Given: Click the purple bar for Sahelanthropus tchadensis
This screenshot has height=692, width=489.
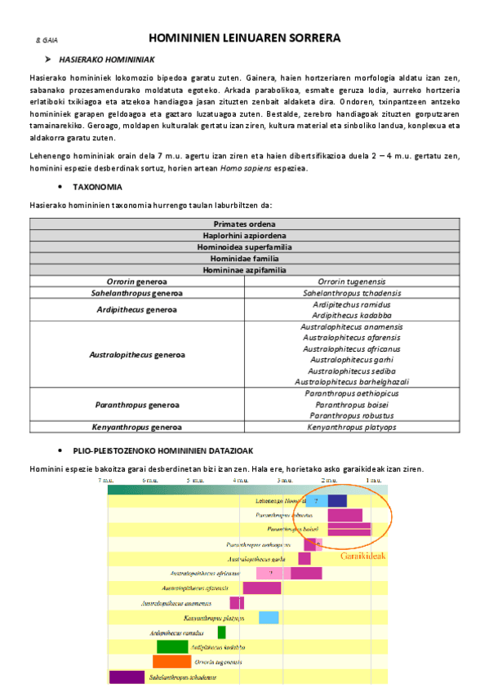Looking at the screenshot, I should coord(127,676).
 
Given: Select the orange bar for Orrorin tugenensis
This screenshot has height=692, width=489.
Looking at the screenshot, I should coord(171,662).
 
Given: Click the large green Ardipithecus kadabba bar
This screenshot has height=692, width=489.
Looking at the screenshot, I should coord(172,647).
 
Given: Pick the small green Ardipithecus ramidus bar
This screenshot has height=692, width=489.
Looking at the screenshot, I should coord(221,632).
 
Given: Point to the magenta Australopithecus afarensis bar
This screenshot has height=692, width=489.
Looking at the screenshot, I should coord(261,588).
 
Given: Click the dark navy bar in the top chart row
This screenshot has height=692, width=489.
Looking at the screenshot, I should coord(337,500).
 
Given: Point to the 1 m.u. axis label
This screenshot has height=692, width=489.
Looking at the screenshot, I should coord(373,481).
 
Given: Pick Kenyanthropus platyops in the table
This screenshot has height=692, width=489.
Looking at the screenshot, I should coord(351,427).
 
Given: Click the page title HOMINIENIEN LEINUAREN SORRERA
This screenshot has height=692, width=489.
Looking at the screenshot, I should coord(244,38).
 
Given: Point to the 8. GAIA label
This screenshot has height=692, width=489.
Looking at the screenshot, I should coord(47,39).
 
